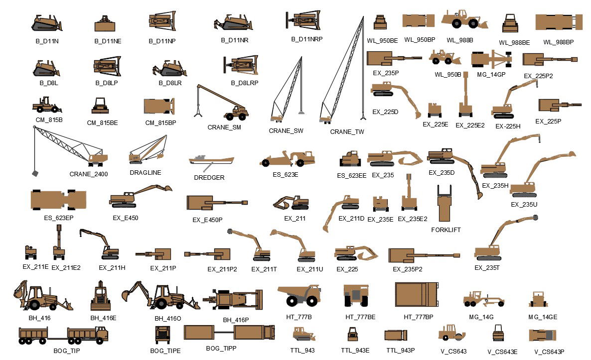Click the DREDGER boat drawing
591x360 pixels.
pos(211,160)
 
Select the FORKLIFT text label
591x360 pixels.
pos(445,230)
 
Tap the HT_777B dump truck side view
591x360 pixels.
pos(299,295)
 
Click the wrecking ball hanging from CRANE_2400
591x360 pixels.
pos(35,173)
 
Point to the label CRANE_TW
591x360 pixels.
pos(347,132)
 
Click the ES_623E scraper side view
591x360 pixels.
pos(288,158)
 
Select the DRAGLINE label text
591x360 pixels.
pos(146,173)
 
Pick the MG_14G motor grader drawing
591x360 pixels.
pos(483,299)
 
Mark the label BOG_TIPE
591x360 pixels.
pos(165,351)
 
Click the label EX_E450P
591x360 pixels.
pos(207,220)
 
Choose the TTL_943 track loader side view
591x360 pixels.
pos(303,334)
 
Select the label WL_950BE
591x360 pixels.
pos(382,41)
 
